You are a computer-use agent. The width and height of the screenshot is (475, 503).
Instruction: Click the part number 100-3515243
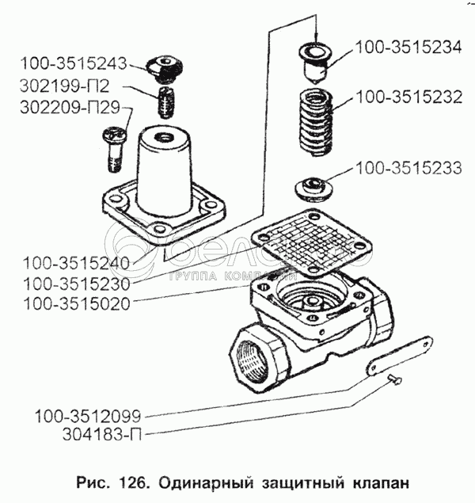tap(74, 63)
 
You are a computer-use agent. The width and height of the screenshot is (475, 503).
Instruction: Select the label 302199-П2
tap(65, 86)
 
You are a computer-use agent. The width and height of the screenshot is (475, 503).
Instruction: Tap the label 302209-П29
tap(70, 107)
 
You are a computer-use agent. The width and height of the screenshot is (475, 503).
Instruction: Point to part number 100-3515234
tap(408, 48)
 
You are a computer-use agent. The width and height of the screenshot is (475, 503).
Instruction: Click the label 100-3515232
tap(409, 97)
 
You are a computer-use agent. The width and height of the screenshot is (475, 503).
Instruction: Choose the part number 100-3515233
tap(409, 168)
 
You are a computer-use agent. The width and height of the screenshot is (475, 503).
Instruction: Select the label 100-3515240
tap(77, 263)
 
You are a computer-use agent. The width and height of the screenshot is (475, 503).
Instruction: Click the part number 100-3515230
tap(77, 284)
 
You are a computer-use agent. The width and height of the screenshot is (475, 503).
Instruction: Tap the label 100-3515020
tap(77, 304)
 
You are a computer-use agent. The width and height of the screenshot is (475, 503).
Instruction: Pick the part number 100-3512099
tap(88, 416)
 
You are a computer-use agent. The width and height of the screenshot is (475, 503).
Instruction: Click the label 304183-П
tap(102, 435)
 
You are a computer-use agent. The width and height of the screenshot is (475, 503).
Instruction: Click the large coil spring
tap(316, 123)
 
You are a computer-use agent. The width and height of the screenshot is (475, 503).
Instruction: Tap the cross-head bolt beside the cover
tap(114, 149)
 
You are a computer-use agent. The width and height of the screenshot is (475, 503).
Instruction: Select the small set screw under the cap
tap(168, 102)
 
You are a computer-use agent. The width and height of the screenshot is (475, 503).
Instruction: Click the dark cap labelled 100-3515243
tap(165, 69)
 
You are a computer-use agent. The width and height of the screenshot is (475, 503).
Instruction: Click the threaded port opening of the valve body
tap(253, 361)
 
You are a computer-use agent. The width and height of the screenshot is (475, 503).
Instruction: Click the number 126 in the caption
tap(134, 482)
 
